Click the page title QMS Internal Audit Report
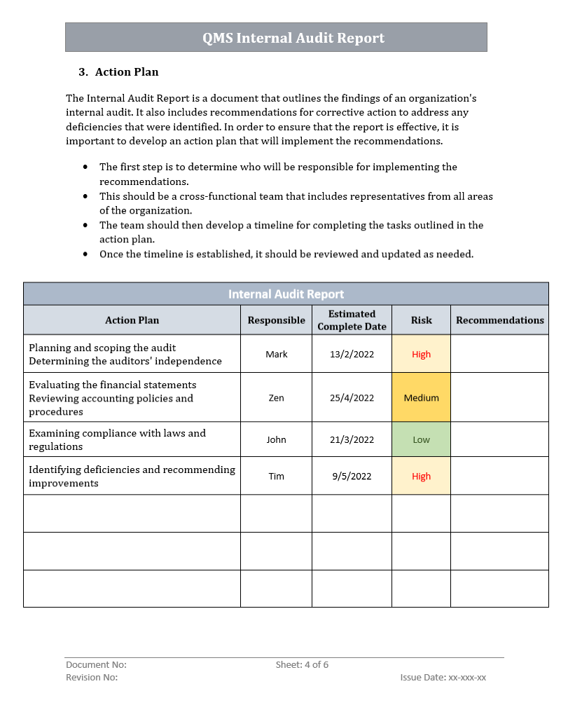[x=293, y=38]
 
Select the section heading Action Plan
[x=127, y=72]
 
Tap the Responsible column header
[x=276, y=320]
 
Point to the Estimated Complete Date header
[x=352, y=320]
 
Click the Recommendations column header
[x=499, y=320]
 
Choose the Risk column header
[x=421, y=320]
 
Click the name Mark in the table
[x=277, y=354]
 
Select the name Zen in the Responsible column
[x=276, y=397]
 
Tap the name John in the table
[x=276, y=439]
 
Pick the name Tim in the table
[x=276, y=476]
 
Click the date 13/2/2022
[x=352, y=354]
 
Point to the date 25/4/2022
[x=352, y=397]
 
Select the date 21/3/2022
[x=352, y=439]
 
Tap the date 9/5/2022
[x=352, y=476]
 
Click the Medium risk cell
[x=421, y=397]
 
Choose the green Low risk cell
[x=421, y=439]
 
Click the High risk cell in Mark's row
[x=421, y=354]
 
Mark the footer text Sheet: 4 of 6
[x=302, y=664]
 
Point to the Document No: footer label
[x=96, y=664]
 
